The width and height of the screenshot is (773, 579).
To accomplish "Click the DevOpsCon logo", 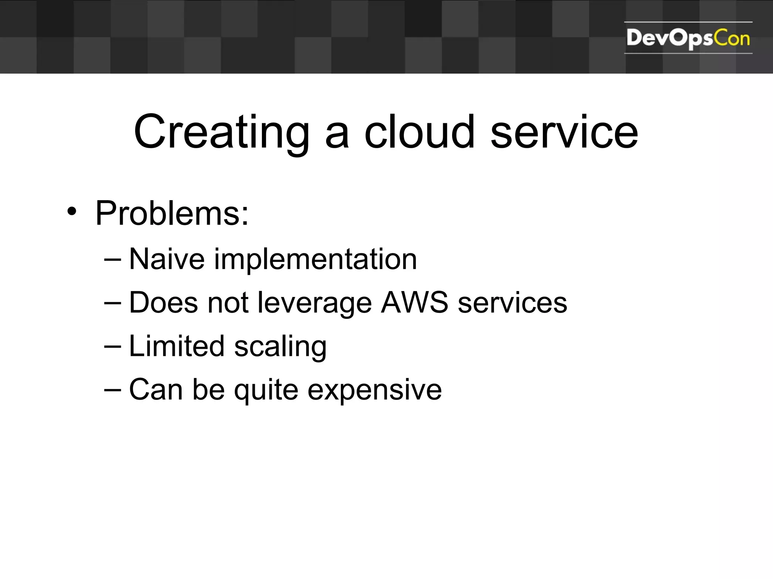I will tap(688, 38).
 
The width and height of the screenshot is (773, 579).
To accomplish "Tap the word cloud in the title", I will tap(419, 132).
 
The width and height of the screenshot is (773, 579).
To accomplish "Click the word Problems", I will tap(172, 213).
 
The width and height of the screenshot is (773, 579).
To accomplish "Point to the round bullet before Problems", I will tap(72, 211).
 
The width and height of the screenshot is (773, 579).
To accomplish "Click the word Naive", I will tap(167, 259).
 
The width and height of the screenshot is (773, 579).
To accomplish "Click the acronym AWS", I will tap(414, 302).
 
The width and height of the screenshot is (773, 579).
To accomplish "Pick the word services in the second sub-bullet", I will tap(512, 303).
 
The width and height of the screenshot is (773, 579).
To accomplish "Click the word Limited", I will tap(177, 346).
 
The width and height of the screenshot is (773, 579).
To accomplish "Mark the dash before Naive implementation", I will tap(112, 260).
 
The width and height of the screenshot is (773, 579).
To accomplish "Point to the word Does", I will tap(163, 303).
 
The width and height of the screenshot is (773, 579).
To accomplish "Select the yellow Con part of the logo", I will tap(731, 38).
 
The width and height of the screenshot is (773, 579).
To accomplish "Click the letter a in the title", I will tap(337, 136).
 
